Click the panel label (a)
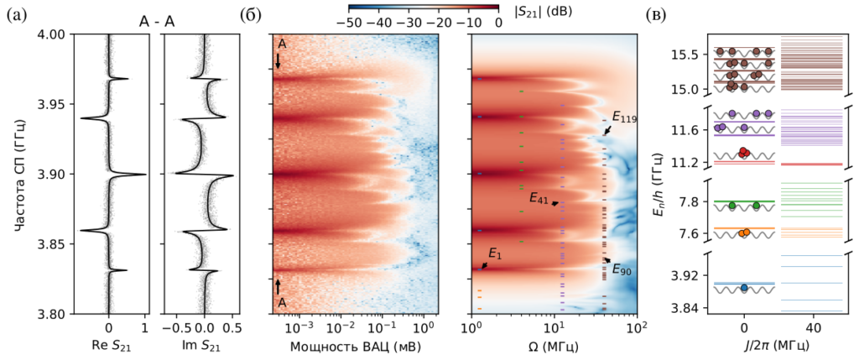16,14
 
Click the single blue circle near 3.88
744,288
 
